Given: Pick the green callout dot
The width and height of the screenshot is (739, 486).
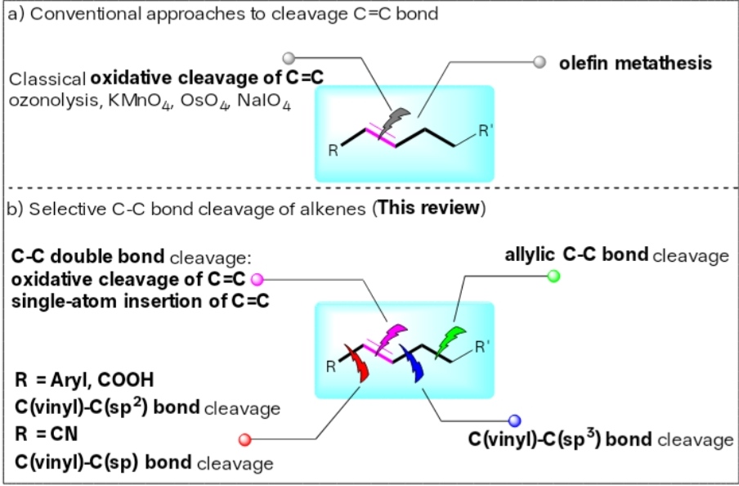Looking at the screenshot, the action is point(553,276).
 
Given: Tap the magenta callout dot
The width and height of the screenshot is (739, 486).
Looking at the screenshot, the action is point(257,279).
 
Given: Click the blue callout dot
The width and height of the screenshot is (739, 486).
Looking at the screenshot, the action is point(515,421).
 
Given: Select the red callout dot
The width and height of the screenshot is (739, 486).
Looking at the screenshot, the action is point(244,439).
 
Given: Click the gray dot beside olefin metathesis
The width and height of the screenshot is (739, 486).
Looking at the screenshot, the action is point(540,62).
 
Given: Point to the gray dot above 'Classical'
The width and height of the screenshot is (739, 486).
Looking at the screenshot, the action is point(289,58).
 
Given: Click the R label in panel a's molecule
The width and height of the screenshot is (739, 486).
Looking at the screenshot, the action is point(334,151).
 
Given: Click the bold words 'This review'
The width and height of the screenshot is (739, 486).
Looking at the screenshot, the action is point(429,208).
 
